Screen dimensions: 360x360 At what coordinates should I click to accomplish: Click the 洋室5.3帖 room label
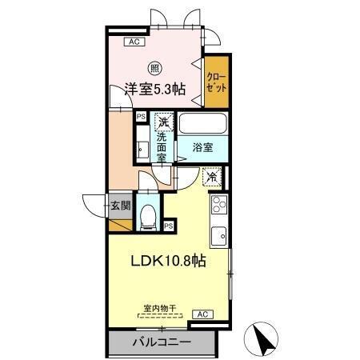coord(155,90)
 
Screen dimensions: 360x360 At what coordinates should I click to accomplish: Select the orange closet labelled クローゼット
coord(215,82)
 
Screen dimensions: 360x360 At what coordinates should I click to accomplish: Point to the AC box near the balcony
coord(202,314)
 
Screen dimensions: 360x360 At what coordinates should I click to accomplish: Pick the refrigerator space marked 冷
coord(212,177)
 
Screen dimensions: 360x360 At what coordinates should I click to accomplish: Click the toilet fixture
coord(148,216)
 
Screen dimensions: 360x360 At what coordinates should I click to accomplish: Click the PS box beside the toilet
coord(169,226)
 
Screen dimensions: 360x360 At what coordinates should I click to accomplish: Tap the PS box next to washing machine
coord(141,117)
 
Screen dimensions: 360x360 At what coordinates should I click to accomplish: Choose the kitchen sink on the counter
coord(218,234)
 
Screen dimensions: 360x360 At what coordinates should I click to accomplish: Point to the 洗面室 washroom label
coord(162,147)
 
